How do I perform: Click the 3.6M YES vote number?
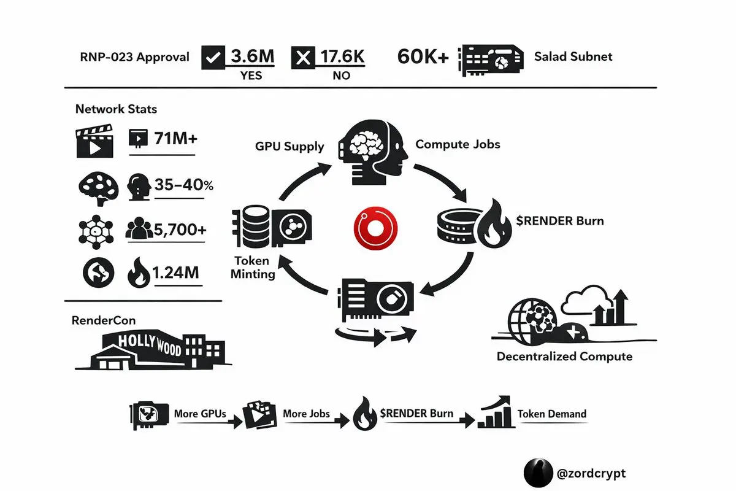(251, 57)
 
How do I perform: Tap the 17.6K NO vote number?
(342, 57)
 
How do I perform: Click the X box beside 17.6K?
(302, 58)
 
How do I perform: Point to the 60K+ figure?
(423, 57)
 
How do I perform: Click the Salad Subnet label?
(573, 57)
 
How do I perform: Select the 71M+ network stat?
(175, 139)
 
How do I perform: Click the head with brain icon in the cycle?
(372, 153)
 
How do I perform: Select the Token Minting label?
(253, 268)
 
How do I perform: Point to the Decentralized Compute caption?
(564, 356)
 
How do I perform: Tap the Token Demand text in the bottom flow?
(552, 414)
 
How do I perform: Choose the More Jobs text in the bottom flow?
(307, 414)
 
